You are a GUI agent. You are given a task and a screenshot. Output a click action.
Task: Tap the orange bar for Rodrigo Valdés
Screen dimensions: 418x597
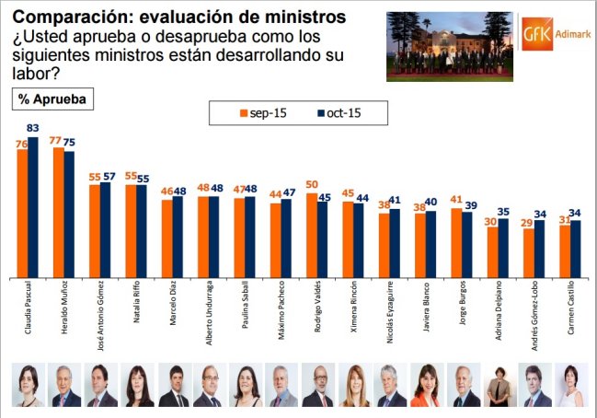click(x=311, y=234)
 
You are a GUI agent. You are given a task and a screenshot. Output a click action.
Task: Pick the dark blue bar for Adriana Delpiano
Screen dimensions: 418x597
click(x=502, y=248)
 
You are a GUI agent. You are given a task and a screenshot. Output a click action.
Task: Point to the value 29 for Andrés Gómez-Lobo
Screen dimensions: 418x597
click(x=528, y=223)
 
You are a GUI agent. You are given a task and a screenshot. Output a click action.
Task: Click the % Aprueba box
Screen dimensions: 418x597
click(x=52, y=99)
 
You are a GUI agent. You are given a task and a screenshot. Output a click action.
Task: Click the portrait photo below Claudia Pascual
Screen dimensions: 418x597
click(x=28, y=386)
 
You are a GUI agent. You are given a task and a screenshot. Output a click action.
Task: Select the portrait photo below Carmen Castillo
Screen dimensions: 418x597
click(x=570, y=386)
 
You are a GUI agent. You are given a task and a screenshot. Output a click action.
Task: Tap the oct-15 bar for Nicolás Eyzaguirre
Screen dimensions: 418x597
click(x=394, y=241)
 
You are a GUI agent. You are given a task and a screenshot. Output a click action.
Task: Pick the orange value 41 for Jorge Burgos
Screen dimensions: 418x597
click(x=455, y=199)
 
